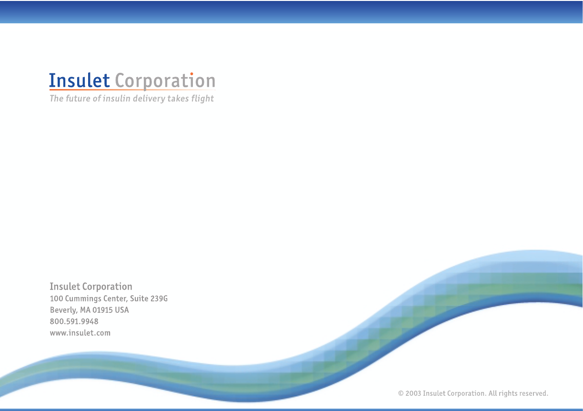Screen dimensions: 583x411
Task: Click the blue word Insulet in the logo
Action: click(80, 80)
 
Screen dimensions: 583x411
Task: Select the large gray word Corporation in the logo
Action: click(165, 81)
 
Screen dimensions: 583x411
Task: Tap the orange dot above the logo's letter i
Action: click(191, 74)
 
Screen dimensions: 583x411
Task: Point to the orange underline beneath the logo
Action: click(132, 90)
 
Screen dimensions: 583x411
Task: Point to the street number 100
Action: click(56, 299)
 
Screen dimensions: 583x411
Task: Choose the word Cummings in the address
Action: click(83, 299)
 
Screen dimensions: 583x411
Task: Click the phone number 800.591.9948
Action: click(74, 321)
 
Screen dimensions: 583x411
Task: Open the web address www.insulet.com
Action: click(80, 333)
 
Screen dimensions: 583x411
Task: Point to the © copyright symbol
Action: click(401, 393)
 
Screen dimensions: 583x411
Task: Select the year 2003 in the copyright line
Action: click(413, 393)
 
